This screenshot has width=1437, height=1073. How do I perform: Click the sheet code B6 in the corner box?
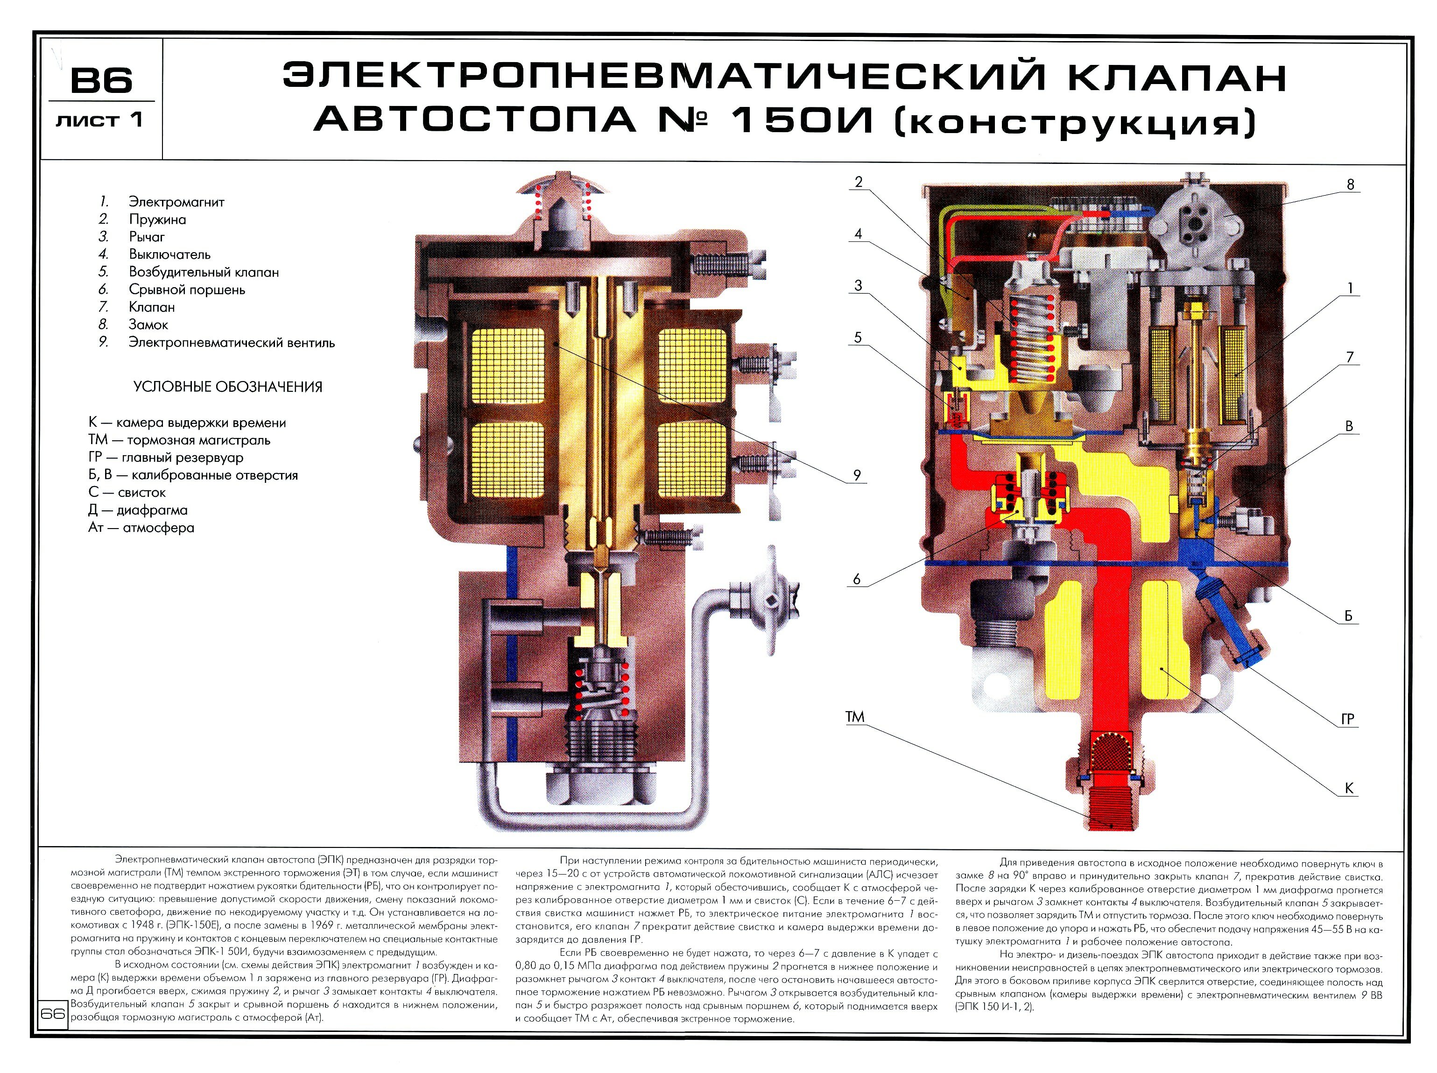click(101, 80)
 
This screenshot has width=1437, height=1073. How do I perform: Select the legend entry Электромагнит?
click(176, 202)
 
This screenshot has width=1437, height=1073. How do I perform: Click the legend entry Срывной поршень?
click(186, 289)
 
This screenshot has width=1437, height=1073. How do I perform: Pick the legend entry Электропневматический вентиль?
click(231, 342)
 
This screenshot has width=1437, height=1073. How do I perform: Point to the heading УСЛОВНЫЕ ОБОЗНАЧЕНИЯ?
click(227, 387)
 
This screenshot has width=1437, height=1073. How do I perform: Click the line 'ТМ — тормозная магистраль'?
click(179, 440)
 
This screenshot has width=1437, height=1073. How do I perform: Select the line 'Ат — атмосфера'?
click(141, 528)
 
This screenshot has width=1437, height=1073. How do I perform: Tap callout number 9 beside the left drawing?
click(857, 475)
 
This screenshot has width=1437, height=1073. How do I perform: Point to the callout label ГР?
click(1347, 719)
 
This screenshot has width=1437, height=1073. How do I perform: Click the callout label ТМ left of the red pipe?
click(854, 717)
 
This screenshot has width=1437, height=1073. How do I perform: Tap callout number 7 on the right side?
click(1350, 357)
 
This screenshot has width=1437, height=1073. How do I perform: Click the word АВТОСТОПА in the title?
click(474, 120)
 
